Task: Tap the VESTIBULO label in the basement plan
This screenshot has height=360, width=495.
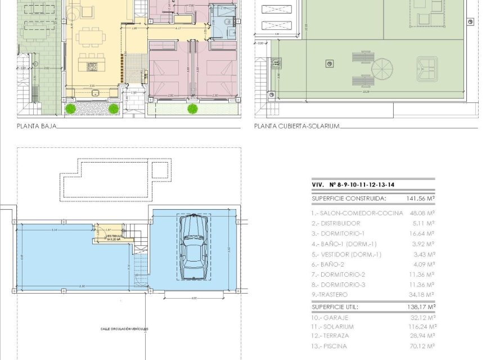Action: click(116, 237)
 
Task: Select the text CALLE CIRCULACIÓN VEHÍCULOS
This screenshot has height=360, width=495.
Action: click(125, 329)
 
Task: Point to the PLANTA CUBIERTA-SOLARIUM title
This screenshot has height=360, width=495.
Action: click(296, 127)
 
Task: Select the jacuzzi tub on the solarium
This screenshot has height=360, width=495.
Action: click(426, 68)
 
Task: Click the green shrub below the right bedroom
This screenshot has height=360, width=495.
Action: click(192, 108)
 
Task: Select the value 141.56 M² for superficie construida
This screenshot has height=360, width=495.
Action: click(420, 199)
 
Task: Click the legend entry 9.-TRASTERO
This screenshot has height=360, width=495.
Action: click(330, 295)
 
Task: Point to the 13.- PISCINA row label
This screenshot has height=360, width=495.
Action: click(330, 346)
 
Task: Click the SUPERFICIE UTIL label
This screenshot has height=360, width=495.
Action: click(335, 307)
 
